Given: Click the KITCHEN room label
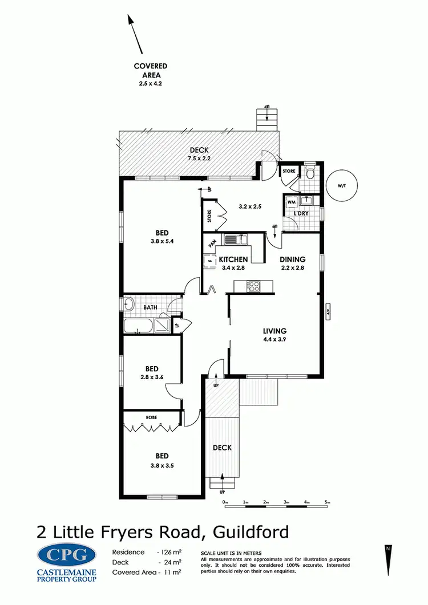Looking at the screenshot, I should [x=233, y=259].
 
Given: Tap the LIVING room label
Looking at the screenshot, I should [x=274, y=331].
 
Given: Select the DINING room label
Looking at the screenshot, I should [x=292, y=259].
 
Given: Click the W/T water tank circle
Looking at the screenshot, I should [x=341, y=185].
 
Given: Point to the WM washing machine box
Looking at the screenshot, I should [x=291, y=201].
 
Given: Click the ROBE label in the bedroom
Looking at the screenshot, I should [x=151, y=417].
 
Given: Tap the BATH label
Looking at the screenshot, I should [x=150, y=307].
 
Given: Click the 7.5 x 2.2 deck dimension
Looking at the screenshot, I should [x=199, y=159].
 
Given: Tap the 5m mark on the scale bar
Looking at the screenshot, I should [x=328, y=502].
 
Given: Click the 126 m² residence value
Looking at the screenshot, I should [x=170, y=553].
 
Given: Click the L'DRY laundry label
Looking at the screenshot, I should [x=301, y=213].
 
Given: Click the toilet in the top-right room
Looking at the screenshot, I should [x=310, y=173].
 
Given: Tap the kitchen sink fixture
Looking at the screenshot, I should [x=234, y=239].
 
